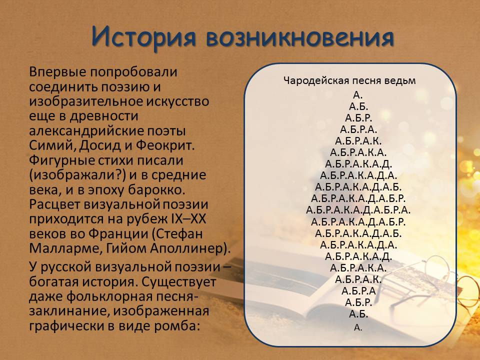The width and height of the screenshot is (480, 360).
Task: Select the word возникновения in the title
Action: tap(300, 37)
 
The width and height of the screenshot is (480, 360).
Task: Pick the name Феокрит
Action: tap(165, 145)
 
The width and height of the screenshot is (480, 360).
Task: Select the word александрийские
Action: tap(86, 131)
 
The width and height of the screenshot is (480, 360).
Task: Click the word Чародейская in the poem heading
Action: tap(316, 81)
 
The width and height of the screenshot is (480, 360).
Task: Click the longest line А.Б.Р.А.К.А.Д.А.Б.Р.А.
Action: tap(358, 210)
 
